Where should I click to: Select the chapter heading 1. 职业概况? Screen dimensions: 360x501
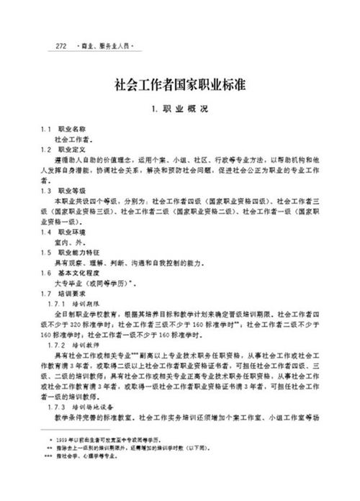pyautogui.click(x=181, y=111)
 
